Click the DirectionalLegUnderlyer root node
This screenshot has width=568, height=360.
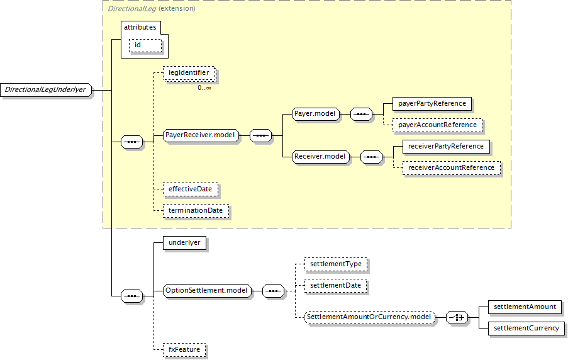(x=47, y=90)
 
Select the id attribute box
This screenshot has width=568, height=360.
(x=145, y=46)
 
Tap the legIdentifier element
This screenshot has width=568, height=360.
(x=189, y=73)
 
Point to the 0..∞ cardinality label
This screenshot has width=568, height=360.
(x=204, y=87)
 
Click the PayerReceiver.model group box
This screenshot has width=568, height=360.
(x=201, y=135)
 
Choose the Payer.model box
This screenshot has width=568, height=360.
(x=316, y=114)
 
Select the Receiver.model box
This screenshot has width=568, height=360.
(x=321, y=157)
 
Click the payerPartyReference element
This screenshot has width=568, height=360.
(x=432, y=104)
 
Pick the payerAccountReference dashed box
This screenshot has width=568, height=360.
(x=438, y=125)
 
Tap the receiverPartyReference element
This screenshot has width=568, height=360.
(x=447, y=147)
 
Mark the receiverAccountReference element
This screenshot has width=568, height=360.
(x=452, y=168)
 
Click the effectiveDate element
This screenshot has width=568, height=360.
(x=191, y=189)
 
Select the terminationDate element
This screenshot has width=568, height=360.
(x=196, y=211)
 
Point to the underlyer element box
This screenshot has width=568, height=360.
(x=185, y=243)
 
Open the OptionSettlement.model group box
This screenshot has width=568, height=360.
(x=207, y=291)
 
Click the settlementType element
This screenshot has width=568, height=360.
(x=336, y=264)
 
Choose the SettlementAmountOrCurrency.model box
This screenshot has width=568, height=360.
(x=369, y=317)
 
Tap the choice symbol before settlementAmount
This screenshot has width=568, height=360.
(x=457, y=318)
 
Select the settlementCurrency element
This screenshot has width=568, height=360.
(x=526, y=329)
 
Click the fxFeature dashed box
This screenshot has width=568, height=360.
(x=184, y=350)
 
